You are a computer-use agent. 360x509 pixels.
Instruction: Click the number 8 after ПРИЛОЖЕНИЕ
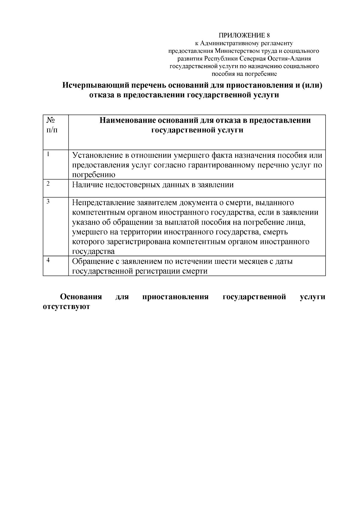coord(268,35)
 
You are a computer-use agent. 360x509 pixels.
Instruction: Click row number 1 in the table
coord(48,154)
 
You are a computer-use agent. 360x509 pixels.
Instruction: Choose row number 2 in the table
coord(48,184)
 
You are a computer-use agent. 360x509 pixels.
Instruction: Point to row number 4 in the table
coord(48,260)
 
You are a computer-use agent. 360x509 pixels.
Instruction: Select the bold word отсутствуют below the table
coord(67,307)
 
